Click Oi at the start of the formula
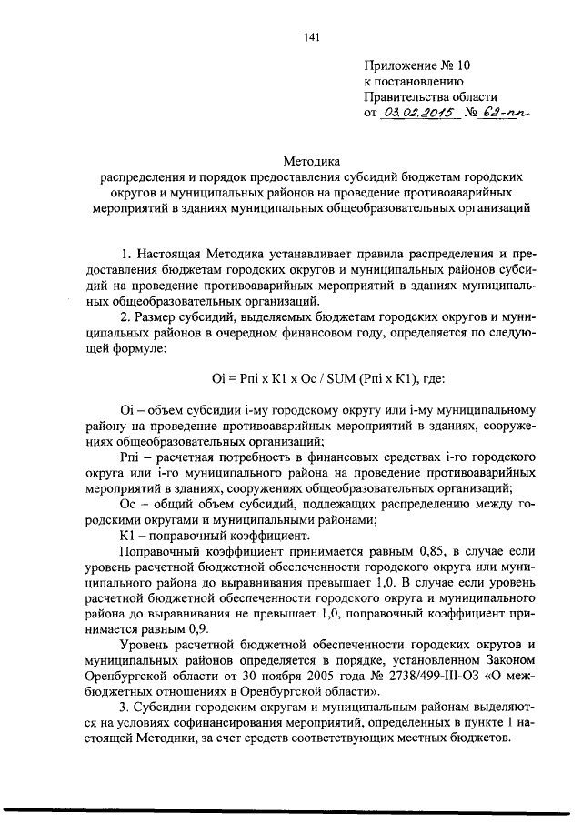click(x=206, y=377)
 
